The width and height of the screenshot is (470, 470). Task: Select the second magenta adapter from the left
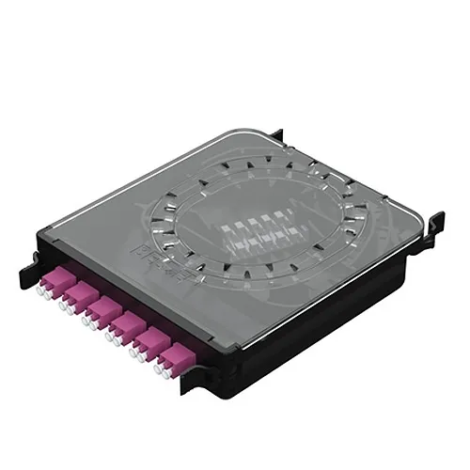(x=84, y=294)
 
